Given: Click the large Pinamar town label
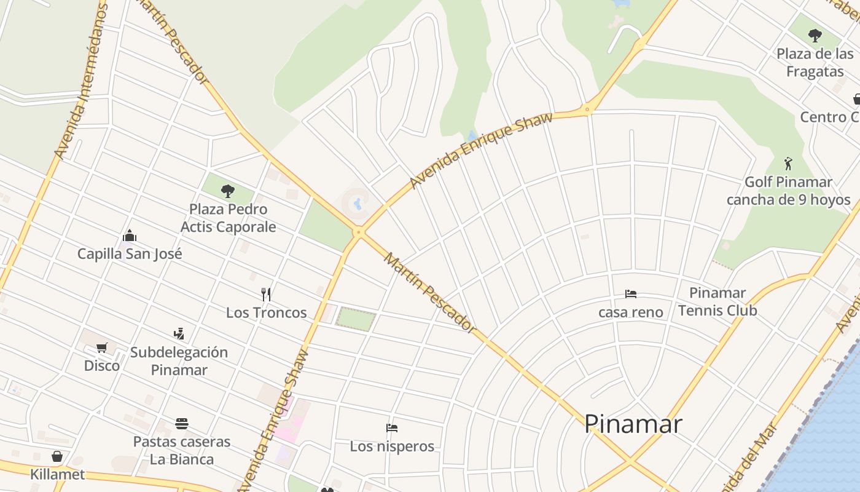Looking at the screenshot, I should click(633, 424).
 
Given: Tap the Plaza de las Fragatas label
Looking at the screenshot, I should click(815, 63).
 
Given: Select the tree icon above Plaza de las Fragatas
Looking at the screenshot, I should click(815, 35).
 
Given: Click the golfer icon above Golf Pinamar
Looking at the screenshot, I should click(789, 164).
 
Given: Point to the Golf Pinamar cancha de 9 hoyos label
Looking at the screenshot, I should click(788, 191).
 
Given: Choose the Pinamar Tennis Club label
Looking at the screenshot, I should click(717, 301).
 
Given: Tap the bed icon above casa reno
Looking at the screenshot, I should click(631, 294).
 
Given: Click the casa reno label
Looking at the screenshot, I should click(631, 312).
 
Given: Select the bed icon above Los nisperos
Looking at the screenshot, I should click(392, 428).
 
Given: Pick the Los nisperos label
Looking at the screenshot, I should click(392, 446).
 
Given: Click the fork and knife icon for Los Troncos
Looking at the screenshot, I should click(266, 294).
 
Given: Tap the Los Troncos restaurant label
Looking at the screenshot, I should click(266, 312).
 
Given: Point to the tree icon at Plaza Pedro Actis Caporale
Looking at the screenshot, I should click(228, 191).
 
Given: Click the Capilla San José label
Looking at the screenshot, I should click(130, 254).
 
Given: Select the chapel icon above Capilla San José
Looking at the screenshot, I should click(129, 236).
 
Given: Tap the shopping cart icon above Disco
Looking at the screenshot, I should click(102, 348).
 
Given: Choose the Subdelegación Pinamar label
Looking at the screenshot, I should click(179, 361).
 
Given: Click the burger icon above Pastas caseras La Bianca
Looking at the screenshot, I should click(181, 424).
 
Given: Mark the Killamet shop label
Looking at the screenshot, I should click(57, 475).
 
